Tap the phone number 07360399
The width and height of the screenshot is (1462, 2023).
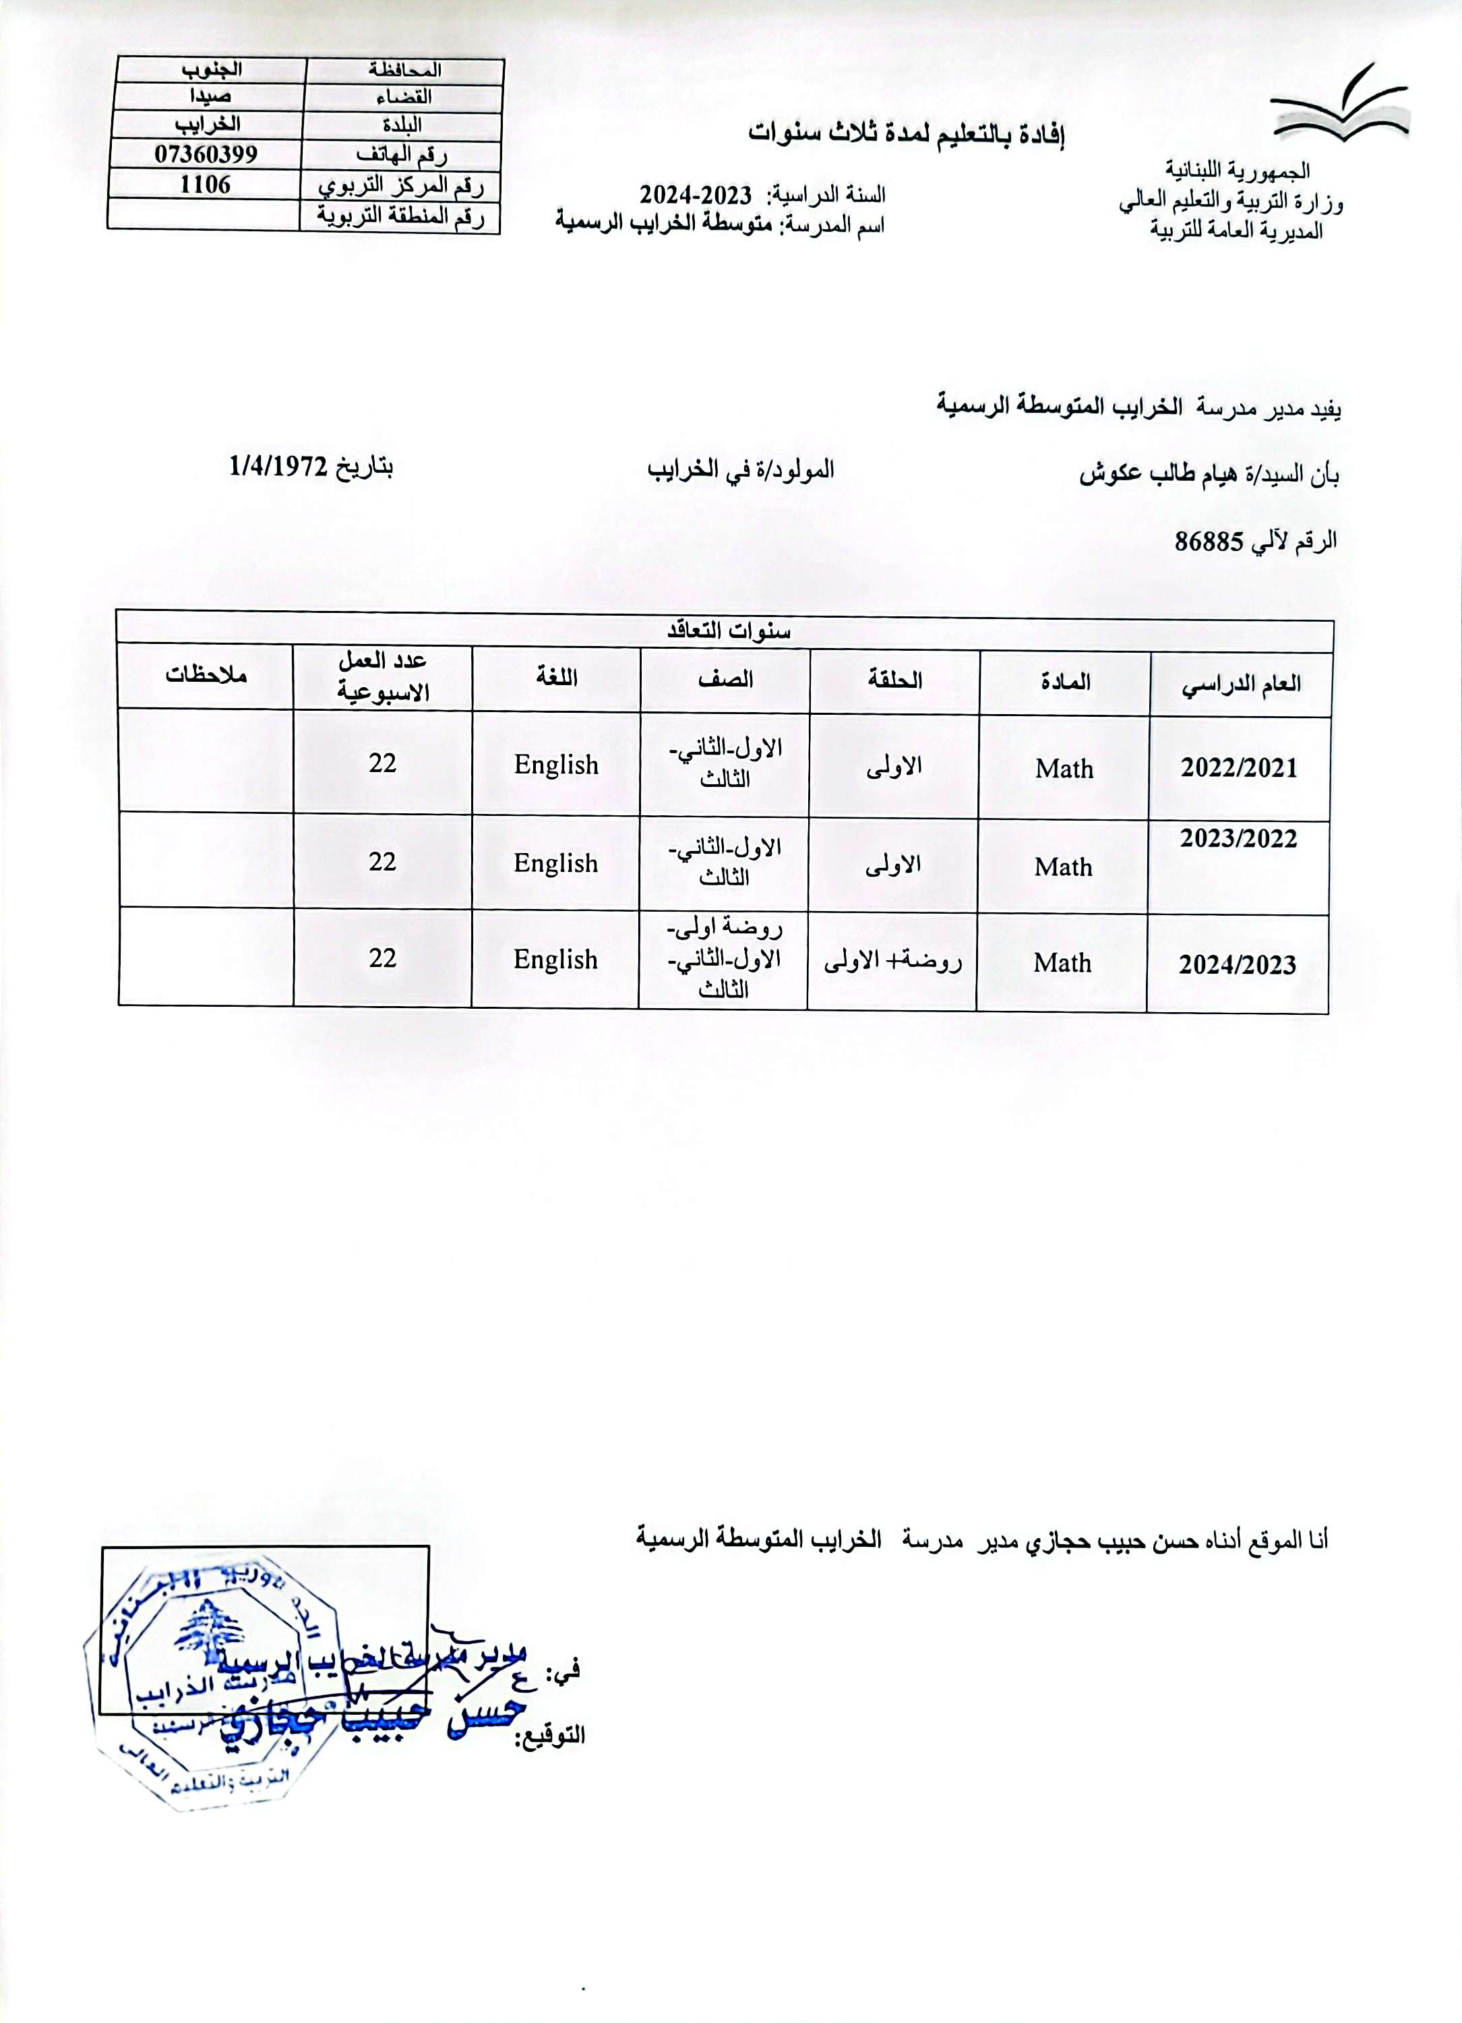tap(206, 154)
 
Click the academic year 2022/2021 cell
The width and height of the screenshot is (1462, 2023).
tap(1239, 768)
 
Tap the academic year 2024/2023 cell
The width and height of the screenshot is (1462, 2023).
tap(1238, 964)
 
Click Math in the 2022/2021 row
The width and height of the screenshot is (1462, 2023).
tap(1064, 769)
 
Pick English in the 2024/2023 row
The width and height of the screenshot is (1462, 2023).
tap(555, 960)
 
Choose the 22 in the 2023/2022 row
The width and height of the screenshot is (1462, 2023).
tap(382, 862)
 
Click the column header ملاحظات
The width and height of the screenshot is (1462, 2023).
tap(206, 675)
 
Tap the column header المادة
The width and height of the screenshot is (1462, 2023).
tap(1064, 682)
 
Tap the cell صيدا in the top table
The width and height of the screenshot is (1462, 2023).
tap(210, 96)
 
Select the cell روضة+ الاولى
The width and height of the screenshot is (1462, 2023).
tap(892, 962)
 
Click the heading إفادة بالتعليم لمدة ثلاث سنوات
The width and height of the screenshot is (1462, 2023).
tap(907, 135)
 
